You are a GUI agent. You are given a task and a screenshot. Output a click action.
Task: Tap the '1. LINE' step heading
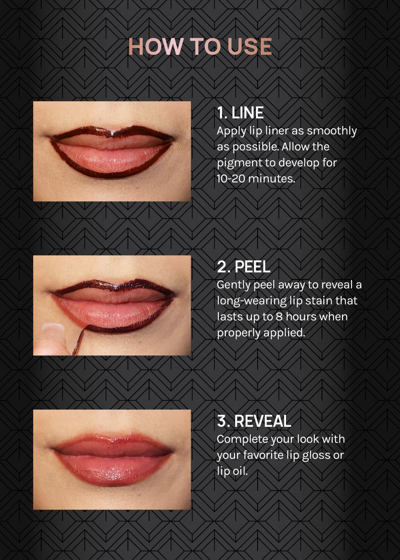click(240, 113)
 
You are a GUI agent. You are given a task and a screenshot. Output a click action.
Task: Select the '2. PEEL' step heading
click(244, 267)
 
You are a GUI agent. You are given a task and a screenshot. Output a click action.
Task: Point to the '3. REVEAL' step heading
click(254, 421)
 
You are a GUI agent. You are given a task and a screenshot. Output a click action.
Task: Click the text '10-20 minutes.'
click(256, 179)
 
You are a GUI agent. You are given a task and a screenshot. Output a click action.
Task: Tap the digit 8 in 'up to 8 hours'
click(279, 317)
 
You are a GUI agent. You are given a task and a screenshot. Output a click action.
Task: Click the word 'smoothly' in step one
click(332, 131)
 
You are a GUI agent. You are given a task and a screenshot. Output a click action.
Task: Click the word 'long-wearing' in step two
click(252, 301)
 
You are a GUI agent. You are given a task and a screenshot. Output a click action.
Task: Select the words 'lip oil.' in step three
click(232, 472)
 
